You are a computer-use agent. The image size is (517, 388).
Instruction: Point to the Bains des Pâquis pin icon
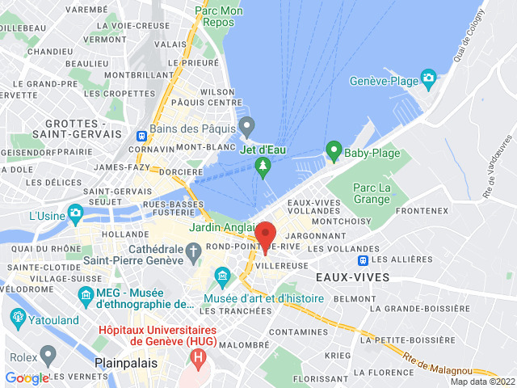(x=247, y=126)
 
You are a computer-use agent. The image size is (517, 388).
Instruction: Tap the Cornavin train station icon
(x=142, y=136)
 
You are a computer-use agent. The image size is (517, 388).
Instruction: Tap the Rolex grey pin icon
(x=48, y=353)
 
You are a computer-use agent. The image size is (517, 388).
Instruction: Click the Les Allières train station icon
(x=364, y=260)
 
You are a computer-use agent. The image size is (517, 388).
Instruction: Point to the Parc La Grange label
(x=372, y=194)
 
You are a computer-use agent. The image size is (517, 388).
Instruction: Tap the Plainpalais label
(x=125, y=364)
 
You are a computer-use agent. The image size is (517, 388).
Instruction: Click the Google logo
(x=27, y=378)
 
